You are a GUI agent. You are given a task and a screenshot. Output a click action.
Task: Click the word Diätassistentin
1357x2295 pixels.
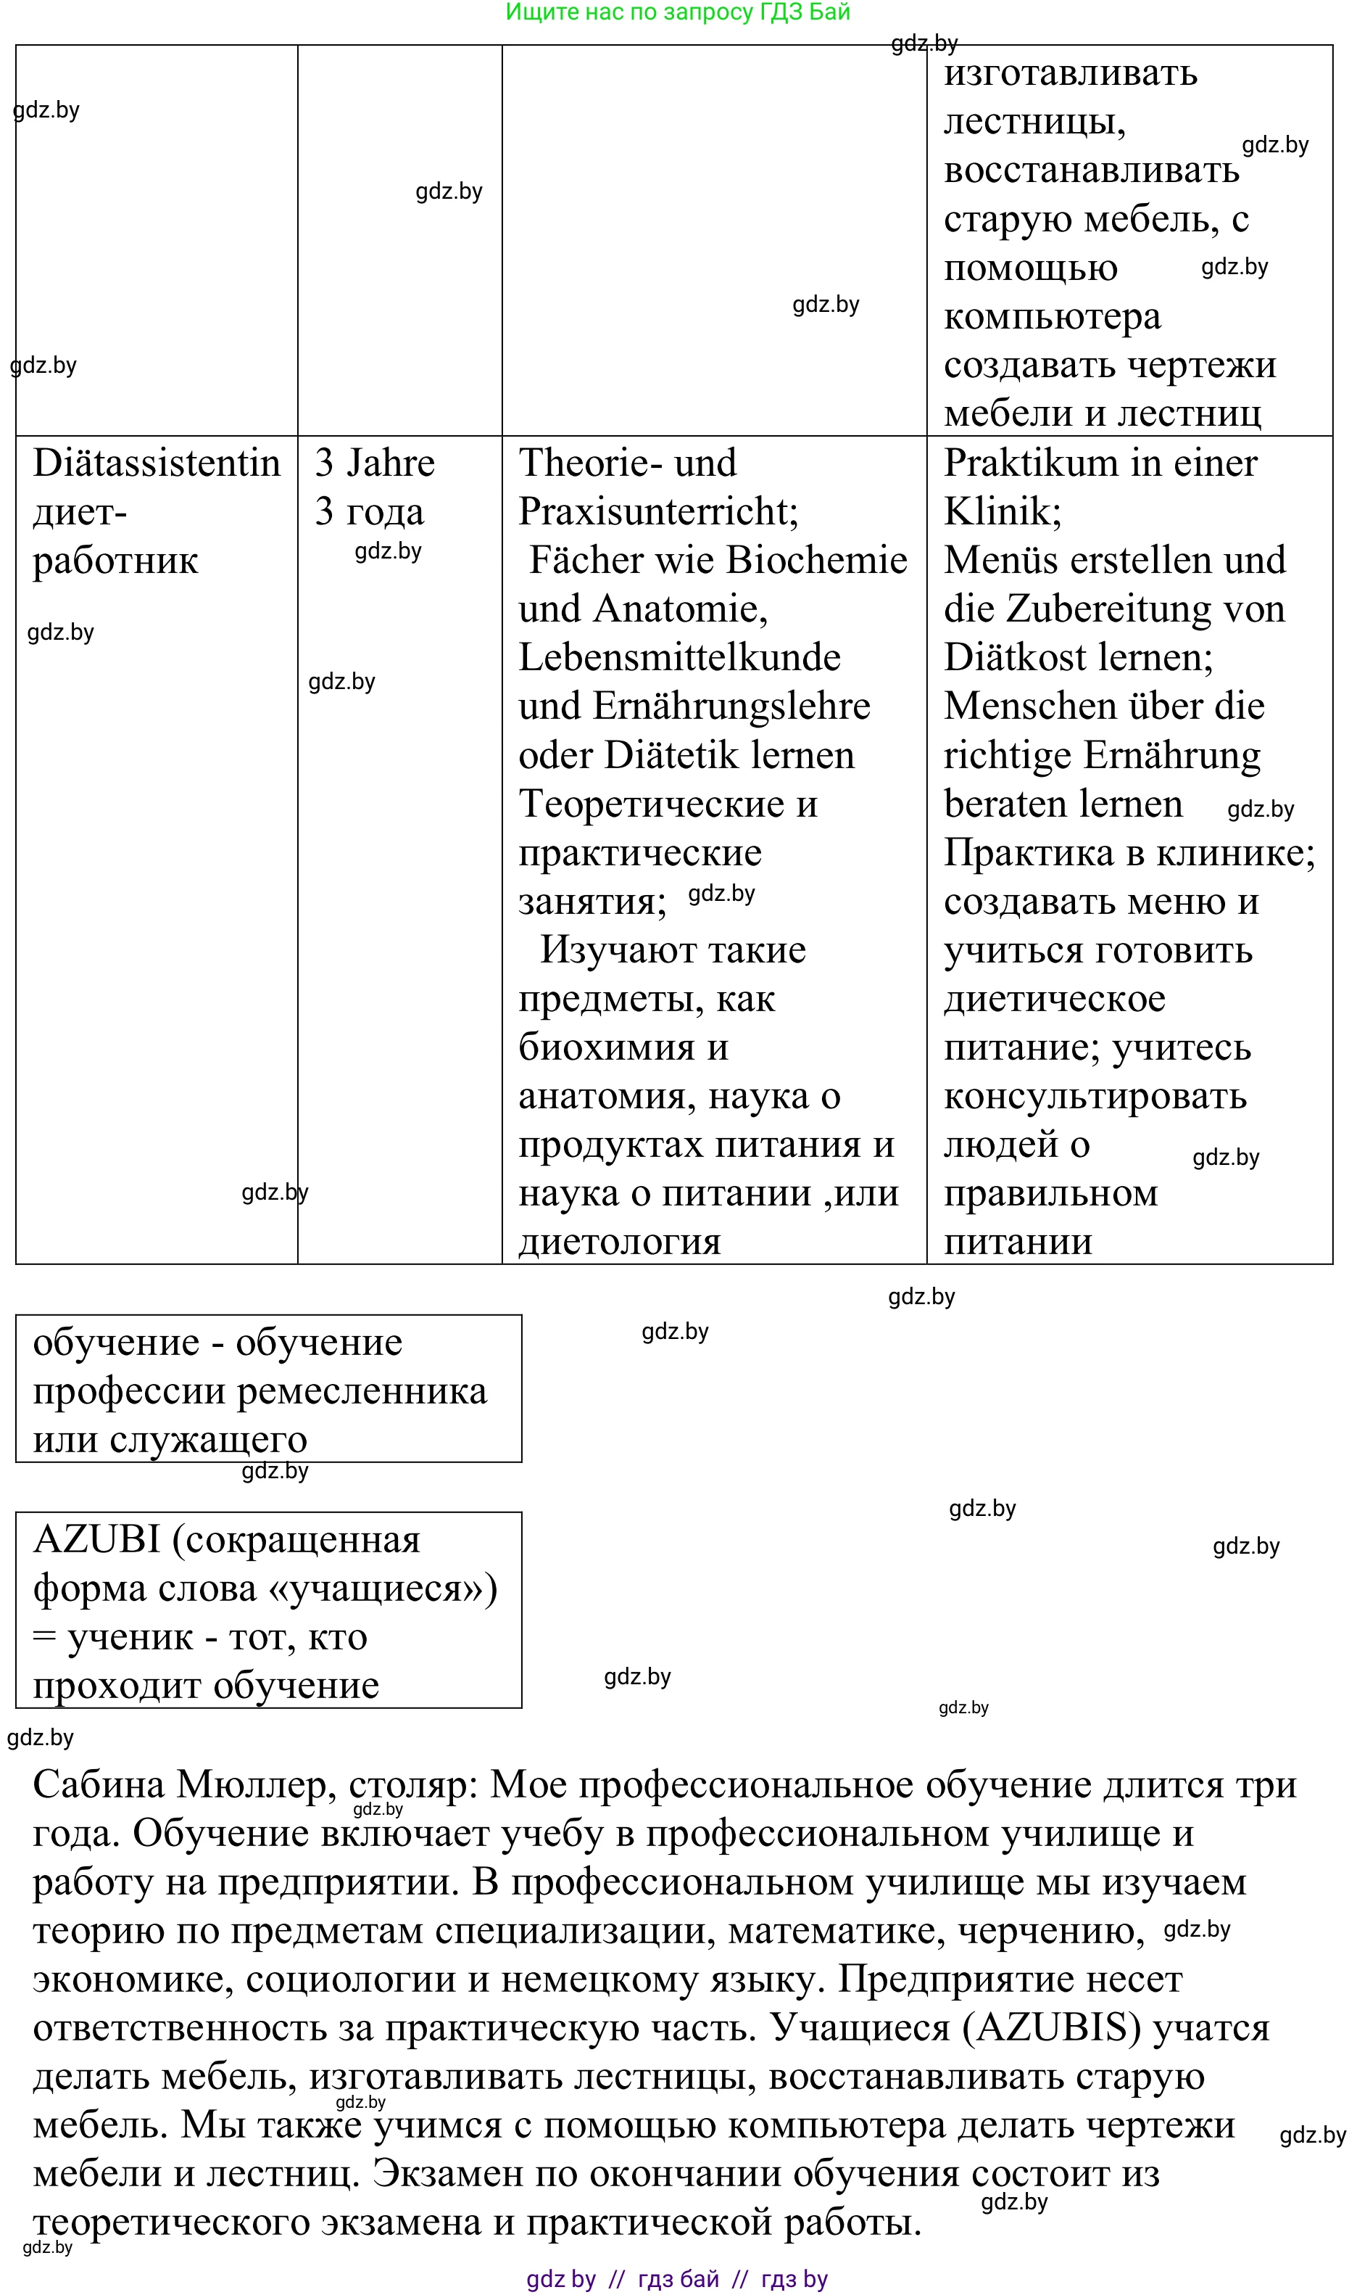click(x=157, y=463)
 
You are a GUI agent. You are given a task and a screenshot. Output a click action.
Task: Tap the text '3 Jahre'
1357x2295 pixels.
click(x=375, y=463)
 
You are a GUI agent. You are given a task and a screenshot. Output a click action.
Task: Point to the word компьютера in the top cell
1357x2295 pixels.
click(x=1052, y=316)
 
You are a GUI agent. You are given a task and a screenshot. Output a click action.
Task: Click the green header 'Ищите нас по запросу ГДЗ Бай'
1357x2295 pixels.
click(x=678, y=12)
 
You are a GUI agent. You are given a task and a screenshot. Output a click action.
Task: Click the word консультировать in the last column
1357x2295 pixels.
click(x=1095, y=1096)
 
